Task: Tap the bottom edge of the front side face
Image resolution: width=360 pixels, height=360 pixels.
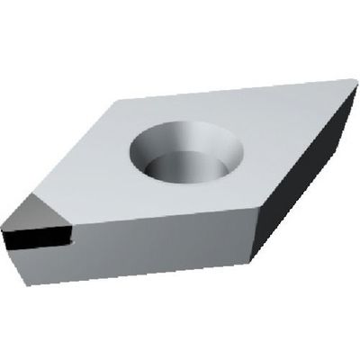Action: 135,274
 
